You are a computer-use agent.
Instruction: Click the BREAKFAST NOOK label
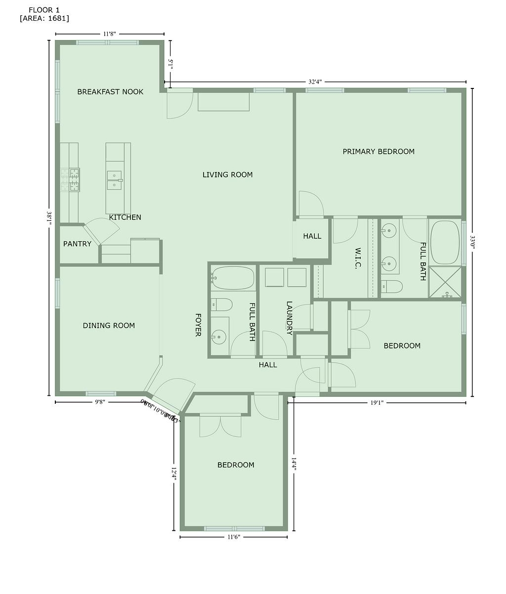click(110, 91)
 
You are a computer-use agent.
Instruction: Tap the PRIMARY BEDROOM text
click(379, 151)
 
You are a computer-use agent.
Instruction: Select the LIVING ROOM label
click(227, 174)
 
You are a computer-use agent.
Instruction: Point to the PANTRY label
click(77, 244)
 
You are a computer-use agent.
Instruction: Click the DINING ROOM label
click(109, 325)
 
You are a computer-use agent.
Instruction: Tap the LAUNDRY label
click(290, 318)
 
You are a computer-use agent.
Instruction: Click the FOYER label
click(198, 325)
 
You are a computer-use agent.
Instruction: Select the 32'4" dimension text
click(315, 82)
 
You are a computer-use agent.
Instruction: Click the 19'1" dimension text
click(377, 402)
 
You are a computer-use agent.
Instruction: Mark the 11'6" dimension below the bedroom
click(233, 537)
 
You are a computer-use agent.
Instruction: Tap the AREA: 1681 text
click(44, 18)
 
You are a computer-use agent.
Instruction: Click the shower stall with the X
click(445, 282)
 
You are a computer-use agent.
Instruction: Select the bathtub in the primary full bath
click(445, 242)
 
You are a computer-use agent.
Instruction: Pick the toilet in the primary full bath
click(391, 286)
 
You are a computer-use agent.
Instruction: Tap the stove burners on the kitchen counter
click(70, 179)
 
